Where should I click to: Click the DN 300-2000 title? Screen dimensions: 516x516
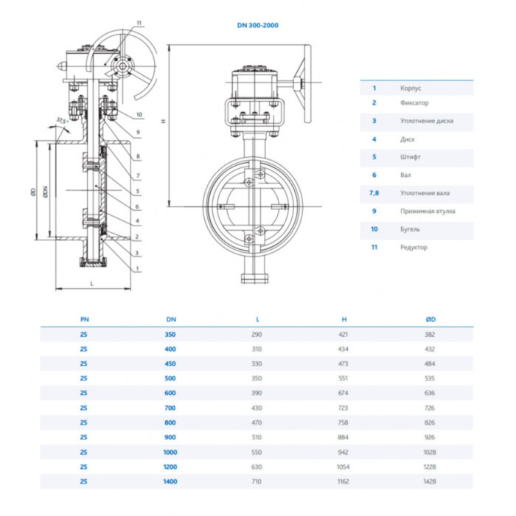[257, 25]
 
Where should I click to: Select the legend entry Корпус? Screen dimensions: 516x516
[411, 87]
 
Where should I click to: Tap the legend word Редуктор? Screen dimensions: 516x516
[414, 247]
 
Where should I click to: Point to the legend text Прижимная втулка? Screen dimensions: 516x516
[428, 211]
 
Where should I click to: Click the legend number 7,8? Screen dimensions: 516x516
[374, 193]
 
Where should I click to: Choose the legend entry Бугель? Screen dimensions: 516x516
[410, 229]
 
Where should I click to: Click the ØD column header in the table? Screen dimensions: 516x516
[429, 319]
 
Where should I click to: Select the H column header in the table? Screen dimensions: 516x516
[344, 319]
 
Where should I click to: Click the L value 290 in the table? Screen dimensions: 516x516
[257, 334]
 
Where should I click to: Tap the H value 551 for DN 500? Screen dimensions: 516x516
[344, 378]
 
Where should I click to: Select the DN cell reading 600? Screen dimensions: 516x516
[171, 392]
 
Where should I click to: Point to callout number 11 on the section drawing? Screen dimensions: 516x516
[138, 23]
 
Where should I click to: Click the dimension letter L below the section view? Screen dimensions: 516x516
[91, 283]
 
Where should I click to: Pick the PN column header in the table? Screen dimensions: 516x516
[83, 319]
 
